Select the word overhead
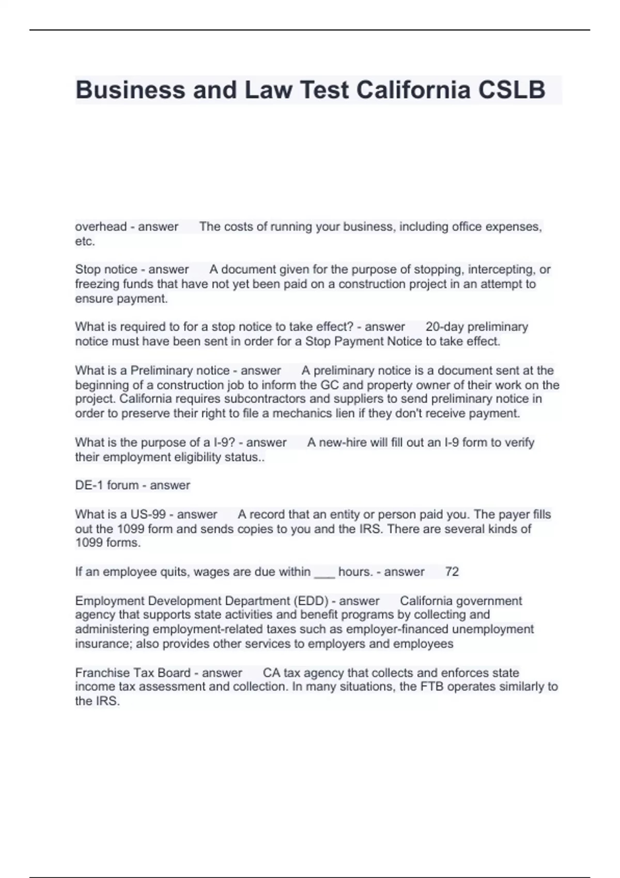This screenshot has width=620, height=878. pos(101,227)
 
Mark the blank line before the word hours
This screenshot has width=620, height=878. pos(324,573)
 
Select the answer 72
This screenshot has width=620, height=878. pos(452,572)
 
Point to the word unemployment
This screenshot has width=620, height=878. pos(499,630)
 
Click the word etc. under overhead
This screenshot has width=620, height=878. pos(85,241)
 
